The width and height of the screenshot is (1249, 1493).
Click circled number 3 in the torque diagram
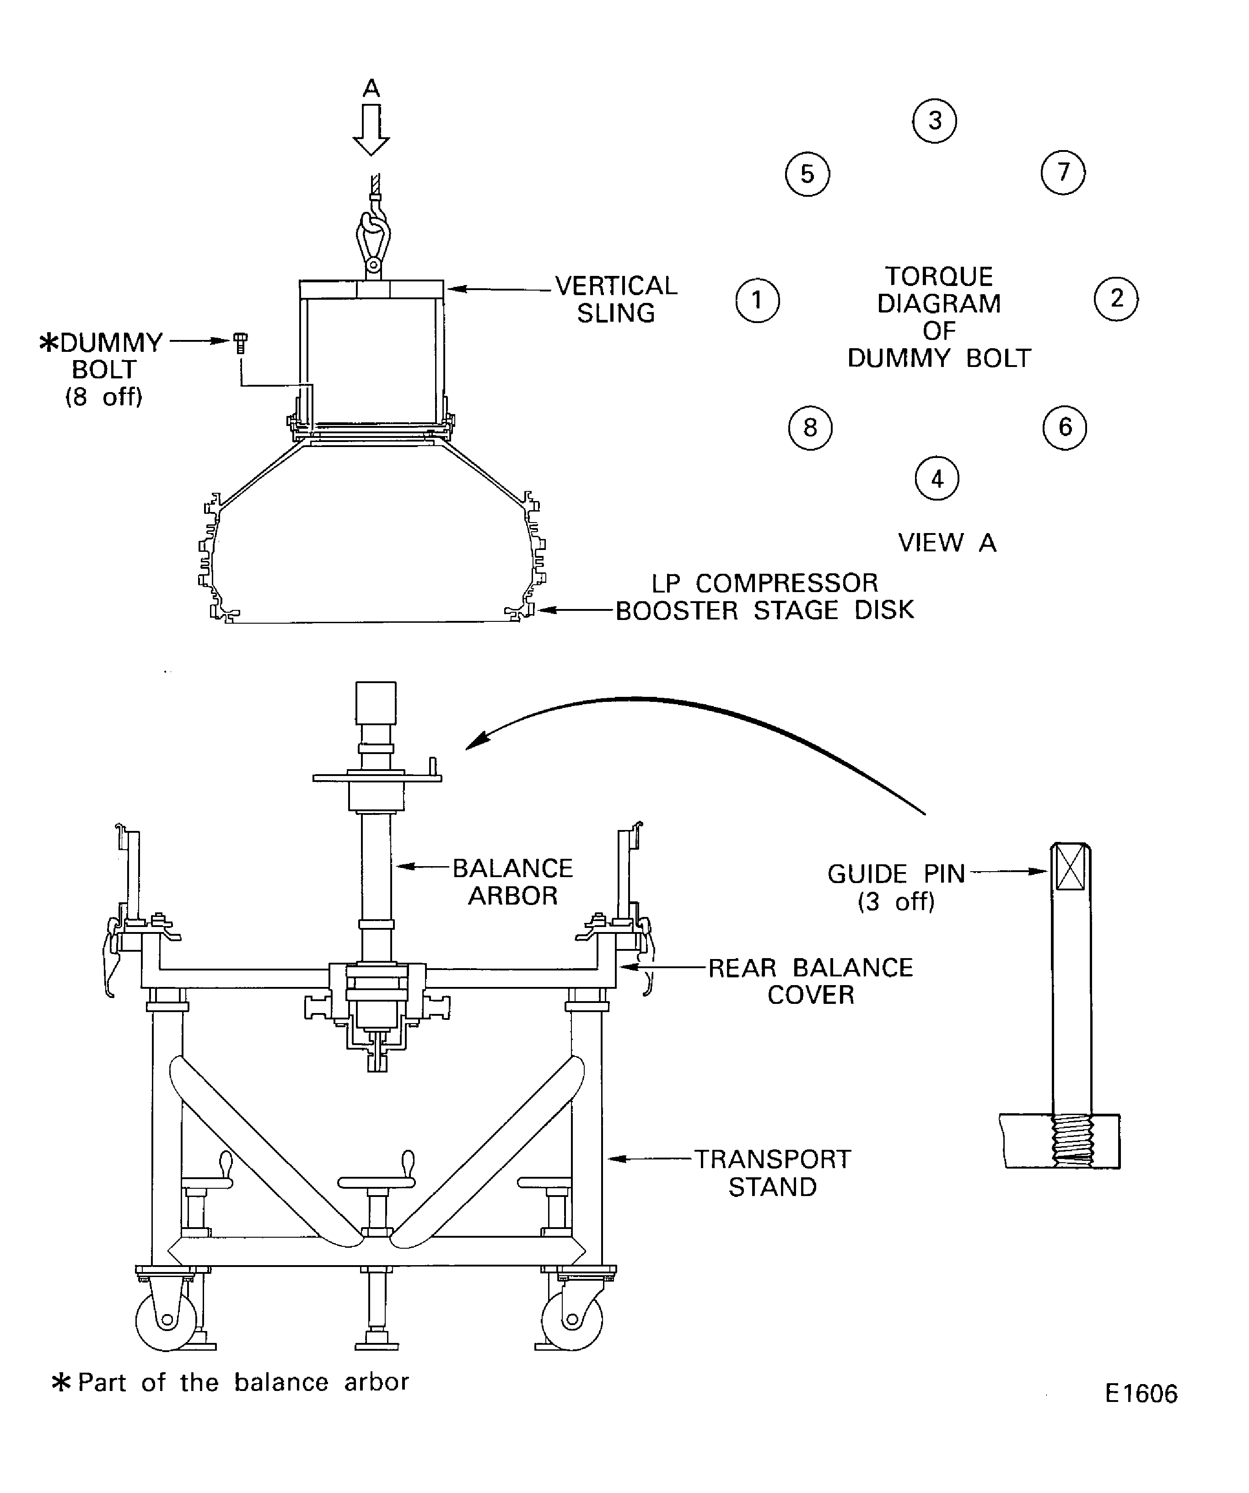tap(934, 121)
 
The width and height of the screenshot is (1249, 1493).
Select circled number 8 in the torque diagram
tap(810, 428)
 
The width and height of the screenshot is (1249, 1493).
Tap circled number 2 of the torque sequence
tap(1115, 299)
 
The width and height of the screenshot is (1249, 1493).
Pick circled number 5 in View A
tap(808, 174)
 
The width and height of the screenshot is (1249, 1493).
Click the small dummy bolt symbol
tap(241, 343)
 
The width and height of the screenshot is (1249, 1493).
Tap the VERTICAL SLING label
tap(616, 299)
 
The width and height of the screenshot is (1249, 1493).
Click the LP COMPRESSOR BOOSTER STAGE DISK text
tap(764, 597)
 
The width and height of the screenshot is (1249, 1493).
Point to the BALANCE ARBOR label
tap(512, 882)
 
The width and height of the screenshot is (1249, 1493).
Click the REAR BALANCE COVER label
tap(810, 981)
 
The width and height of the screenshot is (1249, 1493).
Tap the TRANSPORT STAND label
tap(773, 1173)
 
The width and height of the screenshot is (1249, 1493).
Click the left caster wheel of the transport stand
tap(167, 1320)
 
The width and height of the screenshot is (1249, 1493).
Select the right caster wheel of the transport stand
tap(572, 1320)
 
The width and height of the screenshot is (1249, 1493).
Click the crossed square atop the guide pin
tap(1071, 867)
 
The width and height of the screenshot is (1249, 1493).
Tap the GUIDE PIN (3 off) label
tap(896, 887)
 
